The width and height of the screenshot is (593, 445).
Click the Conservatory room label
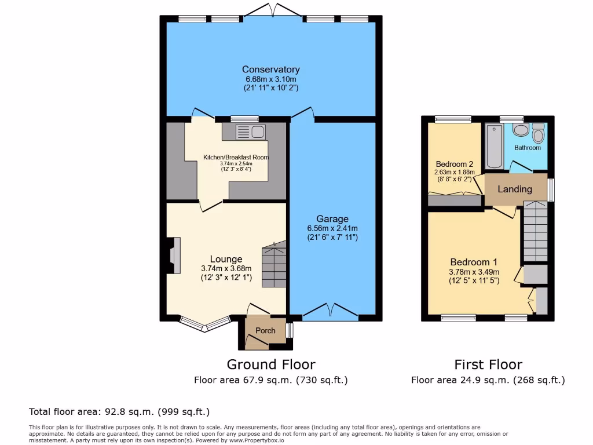pyautogui.click(x=271, y=70)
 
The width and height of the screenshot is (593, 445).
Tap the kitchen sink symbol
pyautogui.click(x=250, y=132)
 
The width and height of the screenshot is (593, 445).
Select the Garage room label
pyautogui.click(x=332, y=219)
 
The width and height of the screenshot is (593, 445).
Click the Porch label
pyautogui.click(x=266, y=331)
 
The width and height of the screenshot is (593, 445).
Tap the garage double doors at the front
pyautogui.click(x=330, y=312)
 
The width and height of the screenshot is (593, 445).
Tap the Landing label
pyautogui.click(x=515, y=189)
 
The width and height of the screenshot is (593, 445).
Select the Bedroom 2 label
pyautogui.click(x=455, y=163)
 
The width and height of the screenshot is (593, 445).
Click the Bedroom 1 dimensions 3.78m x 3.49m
pyautogui.click(x=474, y=272)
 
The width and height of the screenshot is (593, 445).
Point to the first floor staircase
pyautogui.click(x=535, y=232)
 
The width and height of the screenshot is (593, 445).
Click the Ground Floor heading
pyautogui.click(x=271, y=364)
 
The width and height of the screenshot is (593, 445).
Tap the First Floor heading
pyautogui.click(x=488, y=364)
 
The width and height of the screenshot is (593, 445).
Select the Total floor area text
pyautogui.click(x=119, y=412)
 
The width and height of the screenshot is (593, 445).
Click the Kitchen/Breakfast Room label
pyautogui.click(x=236, y=157)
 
